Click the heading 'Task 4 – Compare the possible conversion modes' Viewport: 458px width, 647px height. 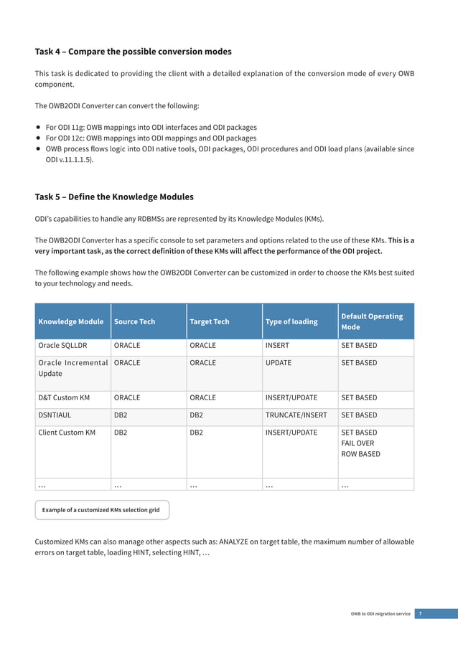pyautogui.click(x=133, y=52)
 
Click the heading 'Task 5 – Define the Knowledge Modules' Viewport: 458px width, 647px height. pyautogui.click(x=114, y=197)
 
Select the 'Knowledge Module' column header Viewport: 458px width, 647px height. pyautogui.click(x=71, y=321)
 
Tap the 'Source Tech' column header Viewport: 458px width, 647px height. pyautogui.click(x=134, y=321)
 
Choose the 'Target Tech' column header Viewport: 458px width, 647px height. pyautogui.click(x=210, y=321)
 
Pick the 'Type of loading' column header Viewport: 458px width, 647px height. pyautogui.click(x=291, y=321)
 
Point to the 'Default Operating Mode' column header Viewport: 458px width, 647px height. pyautogui.click(x=372, y=321)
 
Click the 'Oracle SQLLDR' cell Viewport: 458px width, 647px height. pyautogui.click(x=62, y=346)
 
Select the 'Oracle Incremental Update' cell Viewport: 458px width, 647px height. pyautogui.click(x=72, y=369)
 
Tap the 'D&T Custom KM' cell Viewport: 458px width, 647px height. pyautogui.click(x=63, y=397)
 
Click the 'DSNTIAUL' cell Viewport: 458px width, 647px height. pyautogui.click(x=55, y=415)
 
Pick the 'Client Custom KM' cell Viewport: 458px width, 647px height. pyautogui.click(x=67, y=433)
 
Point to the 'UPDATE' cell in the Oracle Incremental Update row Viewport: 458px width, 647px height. pyautogui.click(x=279, y=363)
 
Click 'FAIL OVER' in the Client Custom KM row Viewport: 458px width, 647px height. pyautogui.click(x=357, y=443)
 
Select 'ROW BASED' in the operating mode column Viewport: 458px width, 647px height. pyautogui.click(x=360, y=454)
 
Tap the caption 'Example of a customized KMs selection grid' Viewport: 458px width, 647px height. pyautogui.click(x=102, y=510)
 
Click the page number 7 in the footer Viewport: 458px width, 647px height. pyautogui.click(x=420, y=613)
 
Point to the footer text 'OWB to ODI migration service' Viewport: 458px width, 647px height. pyautogui.click(x=380, y=614)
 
